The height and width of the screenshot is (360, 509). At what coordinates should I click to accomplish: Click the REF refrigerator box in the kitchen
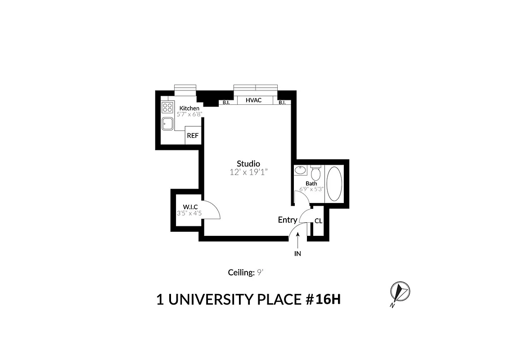[x=192, y=135]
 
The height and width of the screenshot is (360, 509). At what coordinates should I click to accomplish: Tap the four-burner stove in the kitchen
[x=167, y=108]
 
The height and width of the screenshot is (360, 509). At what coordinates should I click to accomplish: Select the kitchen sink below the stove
[x=168, y=123]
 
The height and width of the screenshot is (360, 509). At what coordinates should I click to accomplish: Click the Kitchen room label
[x=189, y=108]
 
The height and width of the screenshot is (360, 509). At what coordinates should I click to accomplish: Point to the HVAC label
[x=253, y=100]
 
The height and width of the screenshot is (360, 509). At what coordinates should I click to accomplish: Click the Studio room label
[x=248, y=163]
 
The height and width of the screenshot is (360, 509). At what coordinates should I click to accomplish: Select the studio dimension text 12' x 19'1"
[x=248, y=172]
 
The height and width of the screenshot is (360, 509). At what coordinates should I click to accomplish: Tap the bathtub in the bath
[x=333, y=184]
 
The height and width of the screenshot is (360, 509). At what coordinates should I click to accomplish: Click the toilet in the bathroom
[x=316, y=172]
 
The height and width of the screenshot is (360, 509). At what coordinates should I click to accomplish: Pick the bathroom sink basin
[x=301, y=171]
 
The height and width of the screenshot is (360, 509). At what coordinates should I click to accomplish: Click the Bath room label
[x=311, y=183]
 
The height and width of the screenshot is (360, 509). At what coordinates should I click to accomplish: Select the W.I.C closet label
[x=190, y=207]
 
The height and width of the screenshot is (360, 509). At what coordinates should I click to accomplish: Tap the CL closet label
[x=318, y=221]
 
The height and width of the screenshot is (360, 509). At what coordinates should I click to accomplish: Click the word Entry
[x=287, y=220]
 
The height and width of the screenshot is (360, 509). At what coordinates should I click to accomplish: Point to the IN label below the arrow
[x=297, y=254]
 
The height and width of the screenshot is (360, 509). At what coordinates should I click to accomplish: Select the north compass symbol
[x=399, y=292]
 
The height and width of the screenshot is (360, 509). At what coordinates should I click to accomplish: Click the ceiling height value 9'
[x=260, y=272]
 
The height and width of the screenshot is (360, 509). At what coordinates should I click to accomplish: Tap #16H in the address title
[x=321, y=300]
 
